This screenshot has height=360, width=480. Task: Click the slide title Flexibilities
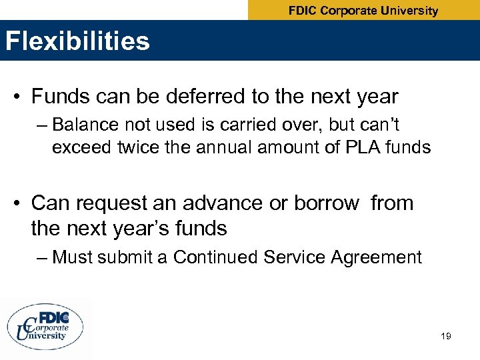(77, 41)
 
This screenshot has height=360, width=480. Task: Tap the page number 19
(446, 336)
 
